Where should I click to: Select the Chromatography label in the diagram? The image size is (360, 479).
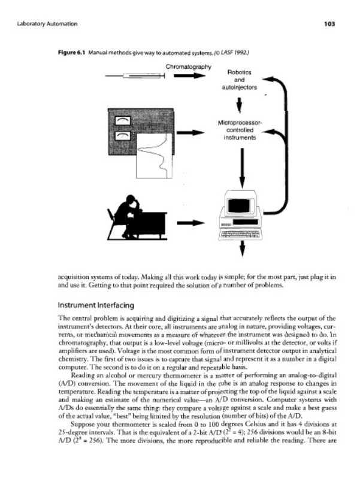(187, 65)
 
